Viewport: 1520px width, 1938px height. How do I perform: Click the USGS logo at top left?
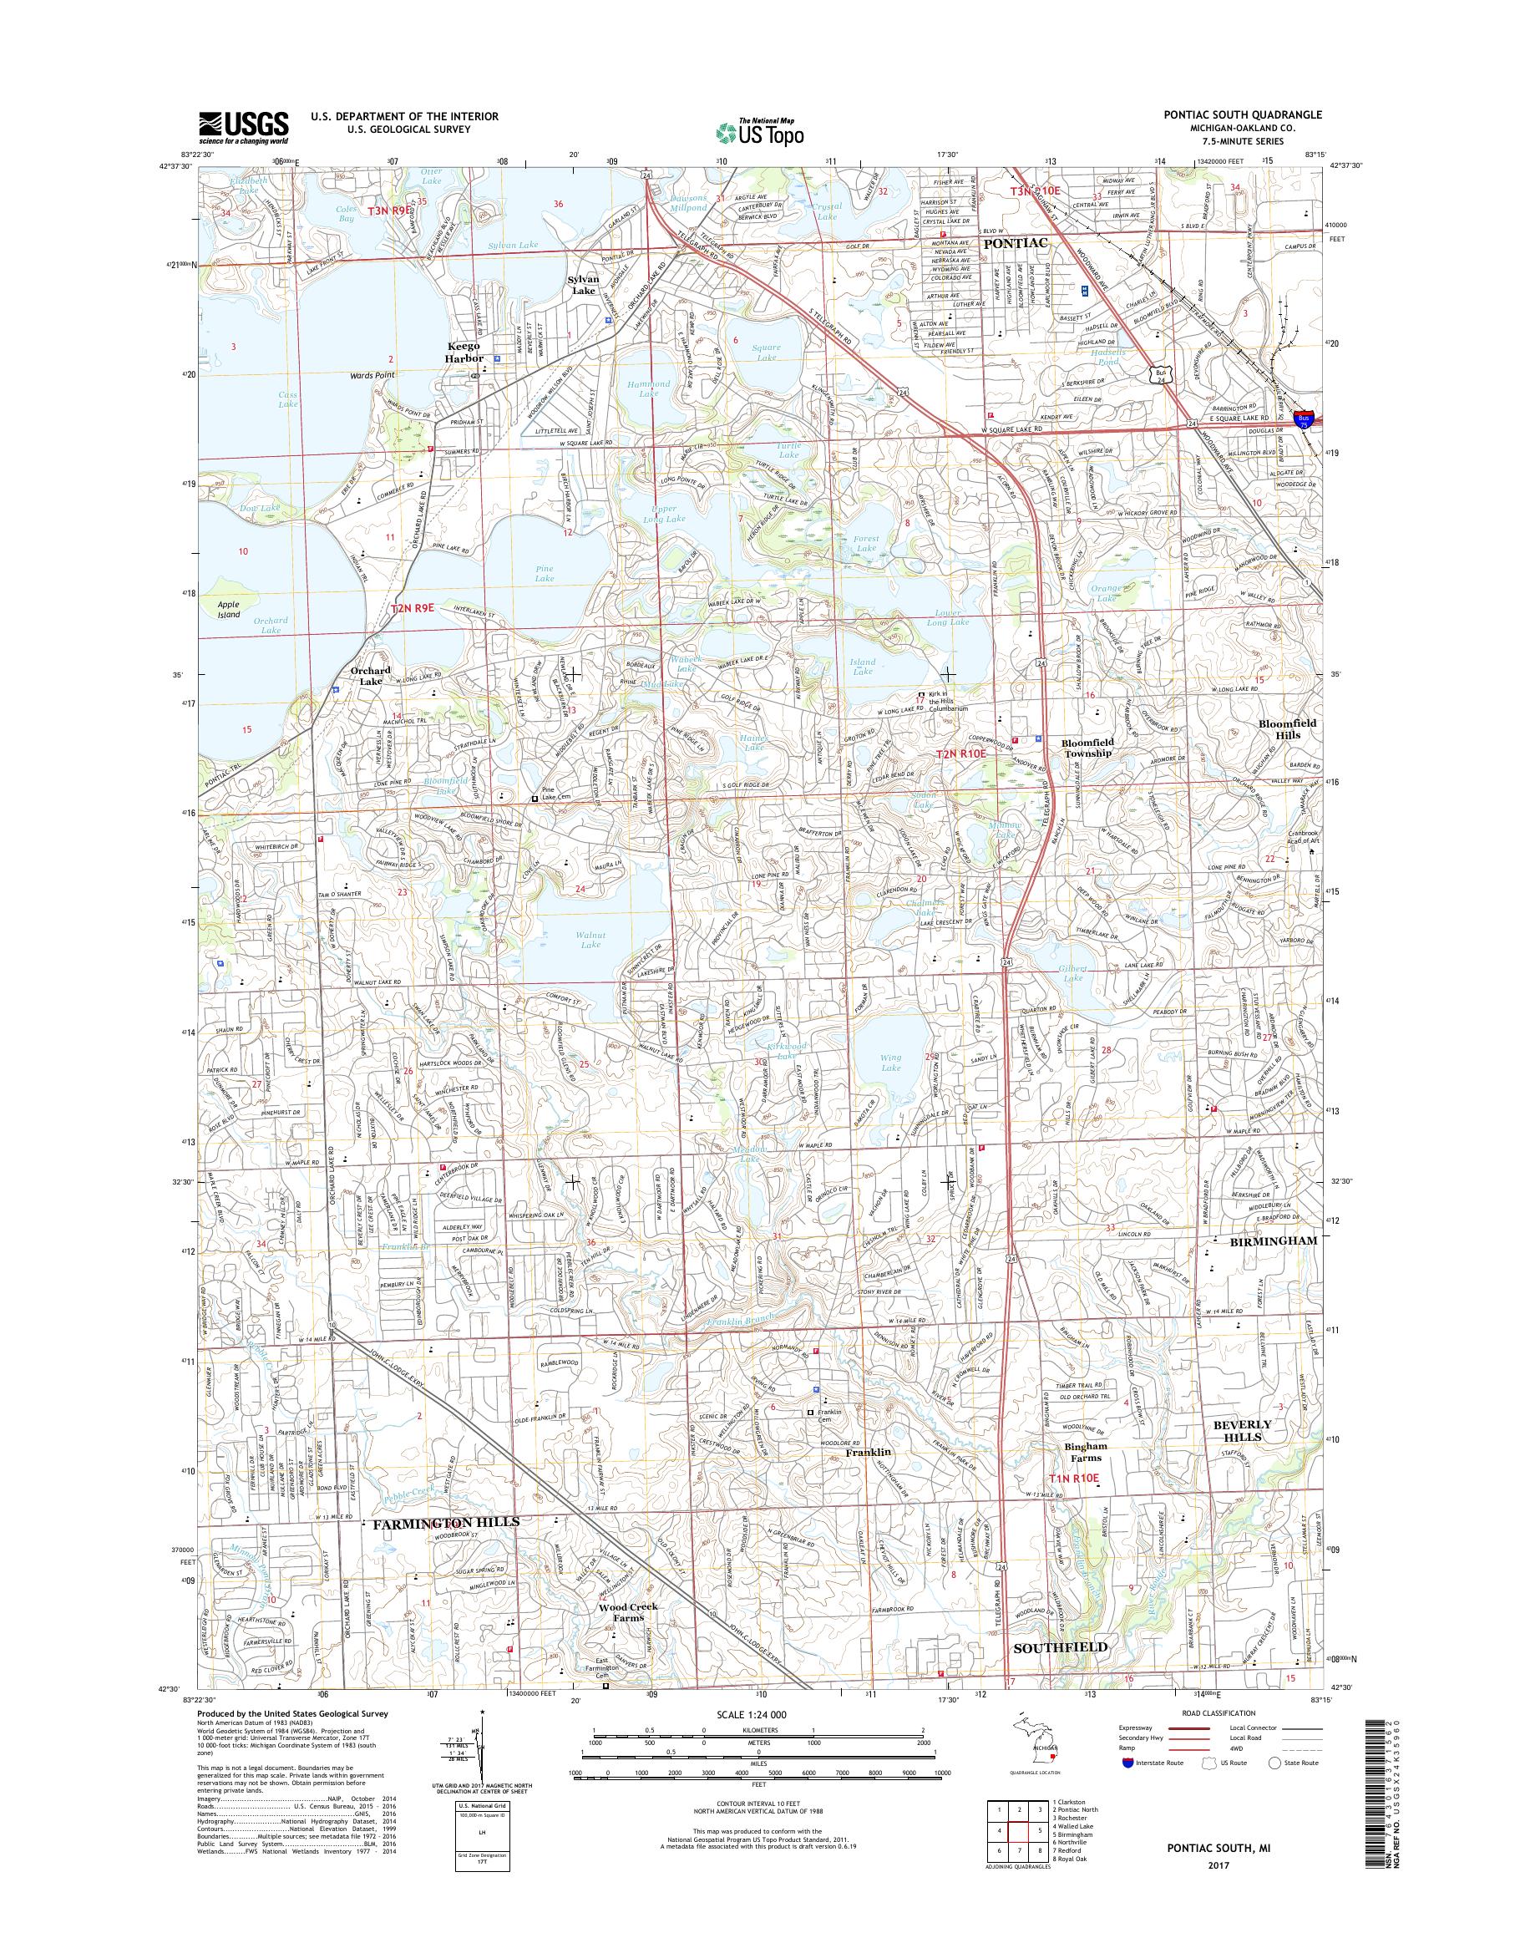[x=243, y=127]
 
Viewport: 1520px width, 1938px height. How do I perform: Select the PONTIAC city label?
[x=1015, y=242]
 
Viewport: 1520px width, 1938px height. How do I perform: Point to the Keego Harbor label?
[x=464, y=352]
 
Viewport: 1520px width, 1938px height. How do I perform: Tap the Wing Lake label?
[x=890, y=1062]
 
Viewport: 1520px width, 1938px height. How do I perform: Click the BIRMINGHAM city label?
[x=1262, y=1239]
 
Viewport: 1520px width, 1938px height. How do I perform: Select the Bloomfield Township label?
[x=1086, y=747]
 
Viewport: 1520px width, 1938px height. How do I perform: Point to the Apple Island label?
[x=230, y=609]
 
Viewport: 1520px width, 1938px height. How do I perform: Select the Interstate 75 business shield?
[x=1304, y=421]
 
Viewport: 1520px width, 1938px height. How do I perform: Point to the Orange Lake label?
[x=1107, y=593]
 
